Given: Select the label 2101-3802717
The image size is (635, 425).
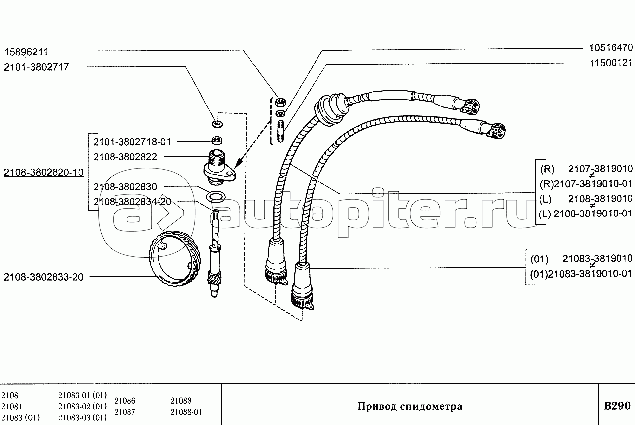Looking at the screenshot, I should point(36,67).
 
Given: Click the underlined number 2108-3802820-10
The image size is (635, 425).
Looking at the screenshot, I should point(43,173).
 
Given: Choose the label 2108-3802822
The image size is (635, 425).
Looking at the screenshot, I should point(125,157).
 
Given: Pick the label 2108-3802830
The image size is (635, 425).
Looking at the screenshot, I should point(125,187).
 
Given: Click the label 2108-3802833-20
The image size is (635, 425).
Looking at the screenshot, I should point(43,277).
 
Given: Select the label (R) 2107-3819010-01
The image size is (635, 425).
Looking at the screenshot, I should point(586,184).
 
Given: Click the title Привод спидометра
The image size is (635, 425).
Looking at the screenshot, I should point(410,406).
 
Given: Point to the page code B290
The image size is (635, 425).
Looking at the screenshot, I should point(617,406).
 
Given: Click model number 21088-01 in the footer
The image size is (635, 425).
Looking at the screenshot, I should point(186,412).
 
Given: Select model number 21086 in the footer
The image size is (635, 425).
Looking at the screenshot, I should point(125,401).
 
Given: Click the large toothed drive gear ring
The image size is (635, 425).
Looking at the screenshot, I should point(177,259).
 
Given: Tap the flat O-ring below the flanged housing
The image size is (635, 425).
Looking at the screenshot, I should point(215,196).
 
